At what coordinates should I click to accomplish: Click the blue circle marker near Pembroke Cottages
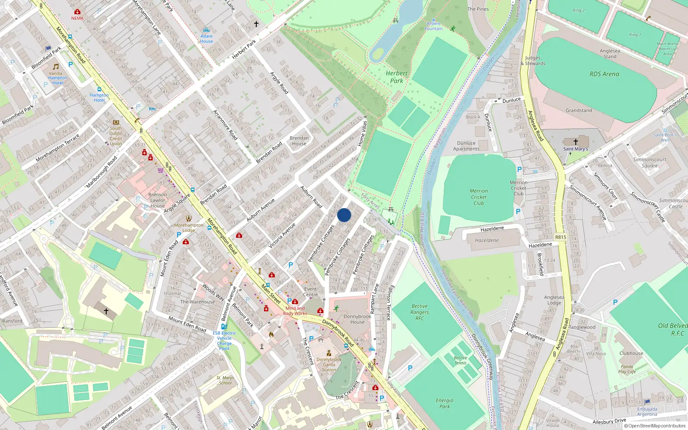coord(344,215)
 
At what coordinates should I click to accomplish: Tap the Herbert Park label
coord(396,77)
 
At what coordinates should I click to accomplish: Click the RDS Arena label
coord(604,74)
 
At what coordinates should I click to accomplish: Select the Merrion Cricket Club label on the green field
coord(479,197)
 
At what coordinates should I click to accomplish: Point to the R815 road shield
coord(561,237)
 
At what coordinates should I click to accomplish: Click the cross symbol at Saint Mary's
coord(575,141)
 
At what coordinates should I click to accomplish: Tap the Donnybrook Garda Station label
coord(329,365)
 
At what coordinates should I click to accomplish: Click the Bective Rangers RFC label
coord(419,312)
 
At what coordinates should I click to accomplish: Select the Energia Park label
coord(444,403)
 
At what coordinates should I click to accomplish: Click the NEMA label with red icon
coord(77,18)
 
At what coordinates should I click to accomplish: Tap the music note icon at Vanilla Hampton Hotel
coord(56,67)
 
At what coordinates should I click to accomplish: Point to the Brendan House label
coord(299,141)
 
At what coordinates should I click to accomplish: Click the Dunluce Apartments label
coord(466,146)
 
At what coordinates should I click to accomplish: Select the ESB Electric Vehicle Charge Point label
coord(224,341)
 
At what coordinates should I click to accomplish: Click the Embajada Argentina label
coord(647,412)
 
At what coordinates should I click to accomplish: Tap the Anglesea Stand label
coord(610,53)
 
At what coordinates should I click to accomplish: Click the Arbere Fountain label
coord(433,26)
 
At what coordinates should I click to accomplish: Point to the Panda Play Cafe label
coord(627,369)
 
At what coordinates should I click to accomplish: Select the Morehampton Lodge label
coord(189,227)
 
